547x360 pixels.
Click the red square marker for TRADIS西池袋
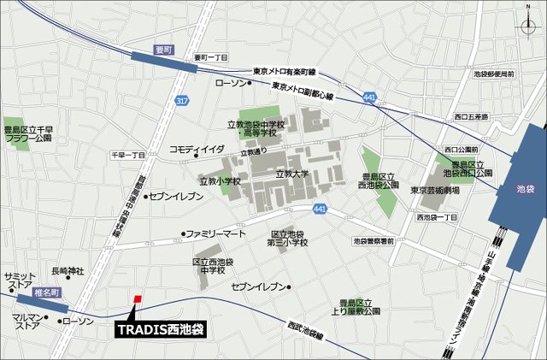click(138, 298)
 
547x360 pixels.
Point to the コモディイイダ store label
click(197, 149)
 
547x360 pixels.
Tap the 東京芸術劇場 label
click(434, 191)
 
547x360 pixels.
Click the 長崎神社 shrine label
click(68, 271)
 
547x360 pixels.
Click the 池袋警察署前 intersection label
click(373, 242)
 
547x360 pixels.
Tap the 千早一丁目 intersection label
click(128, 155)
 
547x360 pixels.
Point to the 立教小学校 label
click(220, 181)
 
